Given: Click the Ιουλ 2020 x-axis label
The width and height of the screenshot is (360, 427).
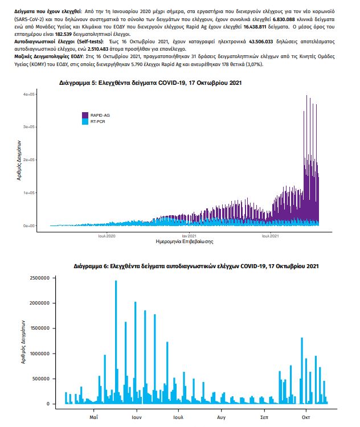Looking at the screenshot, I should tap(107, 235).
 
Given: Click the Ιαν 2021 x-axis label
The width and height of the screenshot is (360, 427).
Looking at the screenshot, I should tap(189, 235).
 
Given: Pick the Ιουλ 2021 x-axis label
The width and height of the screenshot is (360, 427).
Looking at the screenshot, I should tap(270, 235).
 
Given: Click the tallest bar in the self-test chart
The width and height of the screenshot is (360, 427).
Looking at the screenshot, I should tap(116, 342).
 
